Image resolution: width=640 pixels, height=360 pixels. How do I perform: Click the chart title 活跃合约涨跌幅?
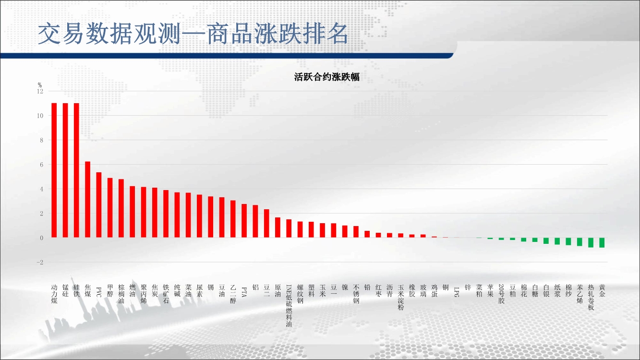(x=327, y=77)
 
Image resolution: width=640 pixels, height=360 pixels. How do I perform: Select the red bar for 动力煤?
(x=54, y=170)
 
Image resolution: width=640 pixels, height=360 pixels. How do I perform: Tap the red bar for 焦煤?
(x=88, y=199)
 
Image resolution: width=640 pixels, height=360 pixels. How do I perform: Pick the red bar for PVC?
(x=99, y=205)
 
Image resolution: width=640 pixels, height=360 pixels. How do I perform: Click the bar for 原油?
(x=278, y=228)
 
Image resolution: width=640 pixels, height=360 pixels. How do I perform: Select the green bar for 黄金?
(x=602, y=242)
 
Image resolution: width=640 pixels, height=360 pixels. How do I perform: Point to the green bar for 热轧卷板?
(x=591, y=242)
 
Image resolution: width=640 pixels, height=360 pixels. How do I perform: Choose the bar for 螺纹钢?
(x=300, y=229)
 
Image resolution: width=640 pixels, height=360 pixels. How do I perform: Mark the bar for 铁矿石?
(x=166, y=214)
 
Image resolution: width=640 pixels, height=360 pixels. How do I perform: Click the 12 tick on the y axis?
(x=40, y=91)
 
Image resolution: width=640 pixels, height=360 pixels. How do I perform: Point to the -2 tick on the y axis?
(x=40, y=262)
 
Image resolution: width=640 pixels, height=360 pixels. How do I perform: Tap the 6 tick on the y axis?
(x=42, y=165)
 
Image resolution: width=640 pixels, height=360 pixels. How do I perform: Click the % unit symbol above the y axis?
(x=40, y=85)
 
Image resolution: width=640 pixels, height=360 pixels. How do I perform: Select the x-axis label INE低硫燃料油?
(x=289, y=305)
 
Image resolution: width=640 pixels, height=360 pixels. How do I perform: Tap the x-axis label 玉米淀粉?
(x=401, y=297)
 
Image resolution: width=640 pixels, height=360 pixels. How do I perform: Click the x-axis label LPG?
(x=457, y=292)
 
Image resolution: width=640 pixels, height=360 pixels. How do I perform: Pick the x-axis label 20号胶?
(x=501, y=294)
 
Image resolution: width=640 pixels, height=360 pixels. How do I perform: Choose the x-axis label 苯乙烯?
(x=580, y=294)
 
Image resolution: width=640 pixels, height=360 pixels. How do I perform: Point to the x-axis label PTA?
(x=244, y=292)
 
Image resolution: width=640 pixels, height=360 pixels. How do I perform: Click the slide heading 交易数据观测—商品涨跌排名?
(x=193, y=34)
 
